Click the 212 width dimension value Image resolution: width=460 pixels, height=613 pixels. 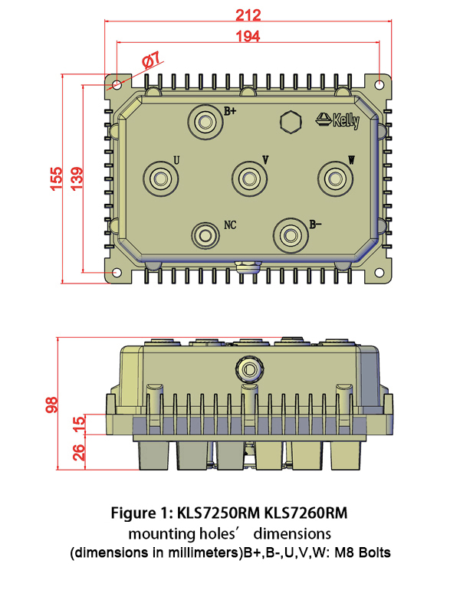pyautogui.click(x=248, y=15)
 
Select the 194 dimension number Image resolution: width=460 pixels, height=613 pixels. pyautogui.click(x=248, y=36)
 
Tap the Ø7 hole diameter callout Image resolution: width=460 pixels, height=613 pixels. pyautogui.click(x=151, y=59)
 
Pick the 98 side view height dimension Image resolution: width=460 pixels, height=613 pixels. pyautogui.click(x=52, y=405)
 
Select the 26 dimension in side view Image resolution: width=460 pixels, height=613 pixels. pyautogui.click(x=78, y=452)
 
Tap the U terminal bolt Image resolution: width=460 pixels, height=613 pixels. pyautogui.click(x=160, y=178)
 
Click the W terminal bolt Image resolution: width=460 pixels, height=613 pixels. pyautogui.click(x=334, y=178)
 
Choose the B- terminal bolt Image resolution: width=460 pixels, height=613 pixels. pyautogui.click(x=291, y=234)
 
